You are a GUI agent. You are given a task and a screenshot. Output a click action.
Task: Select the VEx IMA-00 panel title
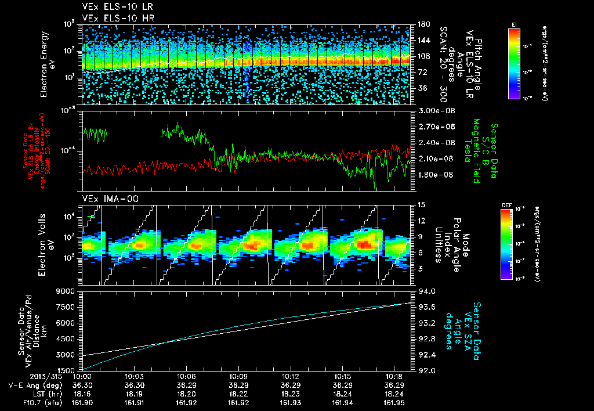[x=106, y=199]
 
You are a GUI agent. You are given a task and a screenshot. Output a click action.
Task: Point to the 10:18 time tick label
[x=394, y=377]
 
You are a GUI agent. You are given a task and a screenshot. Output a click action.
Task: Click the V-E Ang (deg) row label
[x=29, y=385]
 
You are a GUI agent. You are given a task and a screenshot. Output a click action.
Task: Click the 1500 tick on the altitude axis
[x=68, y=370]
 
